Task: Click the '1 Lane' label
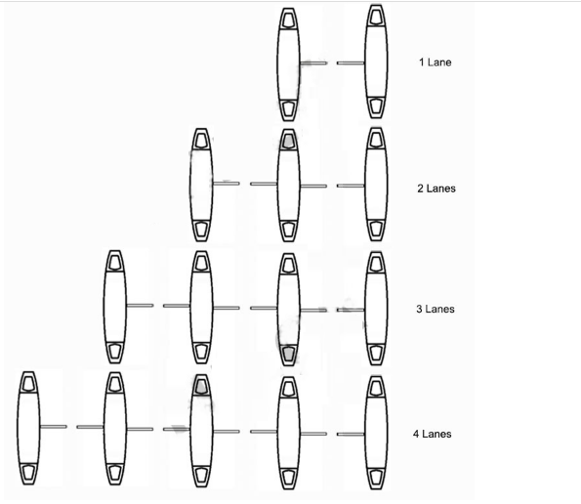pos(436,63)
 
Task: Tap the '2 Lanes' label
pos(436,189)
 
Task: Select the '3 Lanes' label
pos(436,309)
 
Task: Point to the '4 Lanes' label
pos(433,434)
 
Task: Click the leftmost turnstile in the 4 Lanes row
pos(28,428)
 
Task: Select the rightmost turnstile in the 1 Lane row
pos(376,62)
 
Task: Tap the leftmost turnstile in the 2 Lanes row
pos(201,185)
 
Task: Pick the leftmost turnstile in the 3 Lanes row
pos(114,308)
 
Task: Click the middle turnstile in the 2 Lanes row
pos(288,186)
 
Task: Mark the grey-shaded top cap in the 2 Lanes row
pos(288,141)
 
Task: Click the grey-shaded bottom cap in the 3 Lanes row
pos(288,354)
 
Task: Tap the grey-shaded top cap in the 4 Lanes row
pos(201,386)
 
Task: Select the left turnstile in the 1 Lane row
pos(288,64)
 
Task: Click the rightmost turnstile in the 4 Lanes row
pos(376,433)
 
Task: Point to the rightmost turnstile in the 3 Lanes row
pos(376,309)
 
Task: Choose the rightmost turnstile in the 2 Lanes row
pos(376,185)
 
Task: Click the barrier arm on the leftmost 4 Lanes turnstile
pos(54,427)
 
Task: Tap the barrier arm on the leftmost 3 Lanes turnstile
pos(140,306)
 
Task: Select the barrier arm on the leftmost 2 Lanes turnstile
pos(227,183)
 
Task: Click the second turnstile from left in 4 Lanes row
pos(114,429)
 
